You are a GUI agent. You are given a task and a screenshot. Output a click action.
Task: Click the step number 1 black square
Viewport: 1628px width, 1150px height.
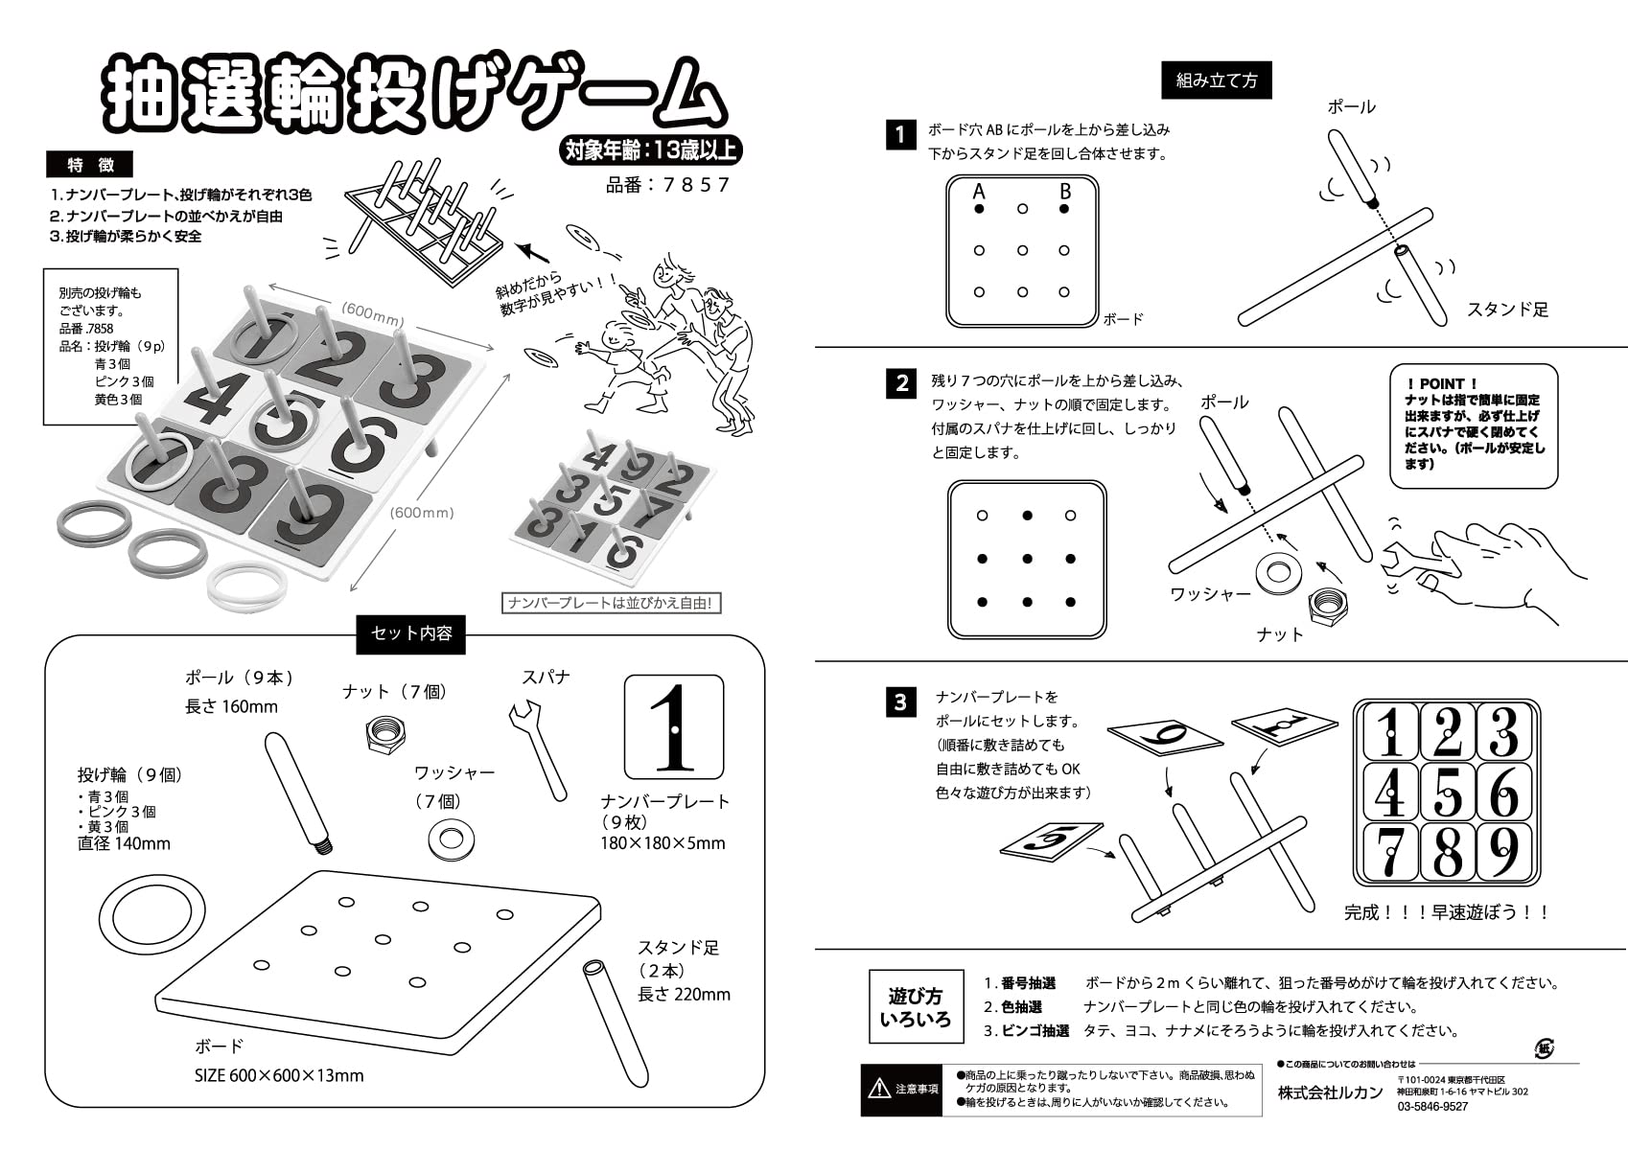pyautogui.click(x=899, y=134)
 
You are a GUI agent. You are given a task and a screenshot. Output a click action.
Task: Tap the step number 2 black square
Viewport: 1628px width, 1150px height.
pyautogui.click(x=901, y=383)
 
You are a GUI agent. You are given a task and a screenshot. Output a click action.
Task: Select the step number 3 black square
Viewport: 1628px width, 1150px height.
pyautogui.click(x=899, y=702)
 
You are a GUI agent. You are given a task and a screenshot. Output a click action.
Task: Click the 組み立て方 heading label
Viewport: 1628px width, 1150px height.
pyautogui.click(x=1216, y=80)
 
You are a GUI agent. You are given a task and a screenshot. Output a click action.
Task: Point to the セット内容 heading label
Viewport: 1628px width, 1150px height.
pyautogui.click(x=411, y=633)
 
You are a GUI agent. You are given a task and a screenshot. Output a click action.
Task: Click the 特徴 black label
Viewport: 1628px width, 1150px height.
pyautogui.click(x=89, y=165)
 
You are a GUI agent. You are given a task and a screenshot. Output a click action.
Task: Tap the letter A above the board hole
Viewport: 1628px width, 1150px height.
pyautogui.click(x=979, y=192)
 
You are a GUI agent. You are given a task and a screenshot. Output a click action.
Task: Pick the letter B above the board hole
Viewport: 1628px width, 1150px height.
pyautogui.click(x=1064, y=192)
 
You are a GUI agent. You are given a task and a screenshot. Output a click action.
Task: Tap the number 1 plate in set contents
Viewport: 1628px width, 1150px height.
pyautogui.click(x=673, y=727)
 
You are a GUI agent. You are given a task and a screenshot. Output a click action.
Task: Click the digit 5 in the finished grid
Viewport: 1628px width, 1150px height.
pyautogui.click(x=1448, y=792)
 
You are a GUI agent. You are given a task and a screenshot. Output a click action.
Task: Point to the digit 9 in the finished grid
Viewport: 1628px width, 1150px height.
pyautogui.click(x=1503, y=850)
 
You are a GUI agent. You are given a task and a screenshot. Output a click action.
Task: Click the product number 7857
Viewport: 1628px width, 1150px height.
pyautogui.click(x=697, y=185)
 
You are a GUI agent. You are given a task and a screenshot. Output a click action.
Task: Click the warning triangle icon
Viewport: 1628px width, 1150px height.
pyautogui.click(x=879, y=1089)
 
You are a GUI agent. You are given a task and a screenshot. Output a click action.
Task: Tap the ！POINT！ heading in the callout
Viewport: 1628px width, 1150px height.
pyautogui.click(x=1442, y=383)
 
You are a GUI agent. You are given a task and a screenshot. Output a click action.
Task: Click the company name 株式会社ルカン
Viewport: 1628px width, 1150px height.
pyautogui.click(x=1330, y=1092)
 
